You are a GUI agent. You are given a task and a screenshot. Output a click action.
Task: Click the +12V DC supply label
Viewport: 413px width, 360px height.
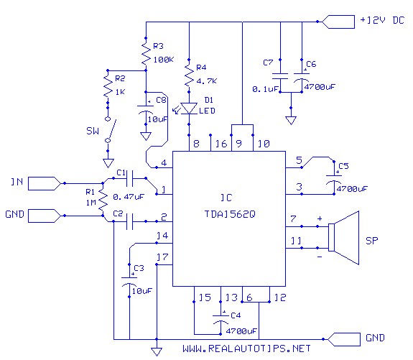pos(382,20)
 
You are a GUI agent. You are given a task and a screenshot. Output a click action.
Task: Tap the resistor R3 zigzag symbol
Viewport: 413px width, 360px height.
pos(146,54)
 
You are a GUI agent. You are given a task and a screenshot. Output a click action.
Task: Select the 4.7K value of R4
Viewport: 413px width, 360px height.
pos(207,81)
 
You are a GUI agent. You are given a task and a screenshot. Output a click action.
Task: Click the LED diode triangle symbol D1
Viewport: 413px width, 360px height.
pos(189,109)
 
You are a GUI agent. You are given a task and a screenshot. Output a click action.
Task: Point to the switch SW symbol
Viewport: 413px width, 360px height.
pos(111,129)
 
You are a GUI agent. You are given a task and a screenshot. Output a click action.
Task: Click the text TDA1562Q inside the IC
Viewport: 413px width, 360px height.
pos(230,214)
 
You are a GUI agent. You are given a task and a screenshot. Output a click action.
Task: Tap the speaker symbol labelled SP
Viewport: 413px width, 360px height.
pos(343,237)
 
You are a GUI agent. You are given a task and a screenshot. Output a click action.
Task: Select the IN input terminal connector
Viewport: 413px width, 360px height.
pos(45,183)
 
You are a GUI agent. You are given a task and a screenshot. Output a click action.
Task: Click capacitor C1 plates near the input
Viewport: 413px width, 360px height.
pos(129,178)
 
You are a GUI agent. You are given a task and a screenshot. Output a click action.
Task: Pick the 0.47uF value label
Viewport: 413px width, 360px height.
pos(129,197)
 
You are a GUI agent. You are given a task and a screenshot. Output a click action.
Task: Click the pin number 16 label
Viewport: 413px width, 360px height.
pos(221,144)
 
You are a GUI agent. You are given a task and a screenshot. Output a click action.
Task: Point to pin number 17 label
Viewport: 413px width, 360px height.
pos(162,257)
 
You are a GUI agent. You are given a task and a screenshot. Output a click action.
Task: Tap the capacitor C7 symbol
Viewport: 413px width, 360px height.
pos(280,76)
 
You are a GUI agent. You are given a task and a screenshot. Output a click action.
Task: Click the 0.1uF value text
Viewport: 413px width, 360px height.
pos(265,89)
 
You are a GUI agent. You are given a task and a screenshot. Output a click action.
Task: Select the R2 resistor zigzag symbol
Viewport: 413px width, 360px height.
pos(108,85)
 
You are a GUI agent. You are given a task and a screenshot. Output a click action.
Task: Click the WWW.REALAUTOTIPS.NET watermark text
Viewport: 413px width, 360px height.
pos(246,349)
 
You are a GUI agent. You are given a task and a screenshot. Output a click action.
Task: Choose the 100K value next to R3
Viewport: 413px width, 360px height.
pos(164,60)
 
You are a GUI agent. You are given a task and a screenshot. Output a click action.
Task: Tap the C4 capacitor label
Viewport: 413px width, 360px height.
pos(236,315)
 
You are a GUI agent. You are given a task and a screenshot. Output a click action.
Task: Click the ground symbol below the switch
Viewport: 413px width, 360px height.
pos(108,163)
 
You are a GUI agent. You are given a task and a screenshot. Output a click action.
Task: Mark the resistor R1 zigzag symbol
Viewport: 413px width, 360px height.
pos(103,200)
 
